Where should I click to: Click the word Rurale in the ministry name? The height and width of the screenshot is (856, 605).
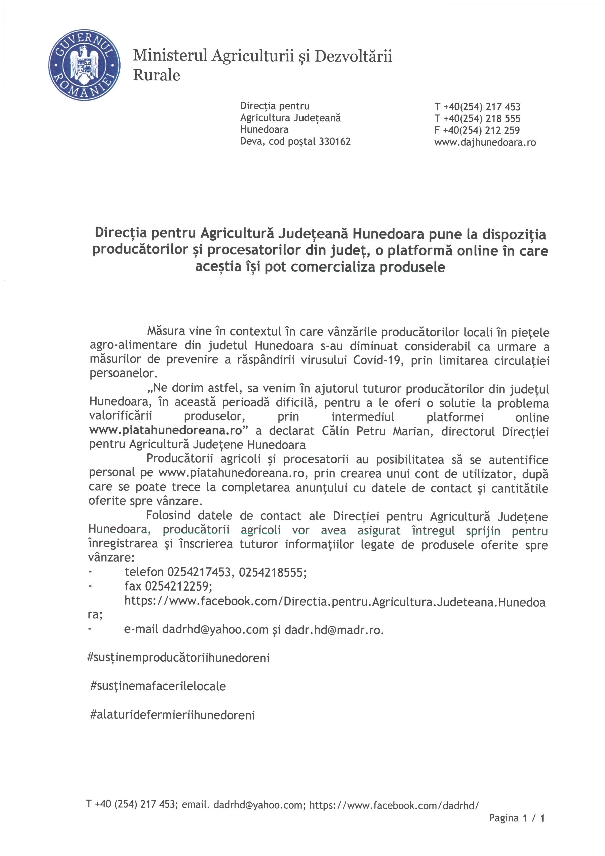click(x=156, y=75)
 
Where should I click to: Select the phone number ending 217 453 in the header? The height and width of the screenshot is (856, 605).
click(x=477, y=107)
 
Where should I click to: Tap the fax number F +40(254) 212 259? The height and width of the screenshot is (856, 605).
click(x=477, y=130)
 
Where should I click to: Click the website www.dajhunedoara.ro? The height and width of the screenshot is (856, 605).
click(x=485, y=142)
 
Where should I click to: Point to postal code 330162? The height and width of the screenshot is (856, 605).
click(x=334, y=142)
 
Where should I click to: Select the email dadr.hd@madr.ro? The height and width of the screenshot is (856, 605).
click(x=334, y=629)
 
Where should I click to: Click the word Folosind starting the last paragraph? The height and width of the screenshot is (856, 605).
click(x=168, y=516)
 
